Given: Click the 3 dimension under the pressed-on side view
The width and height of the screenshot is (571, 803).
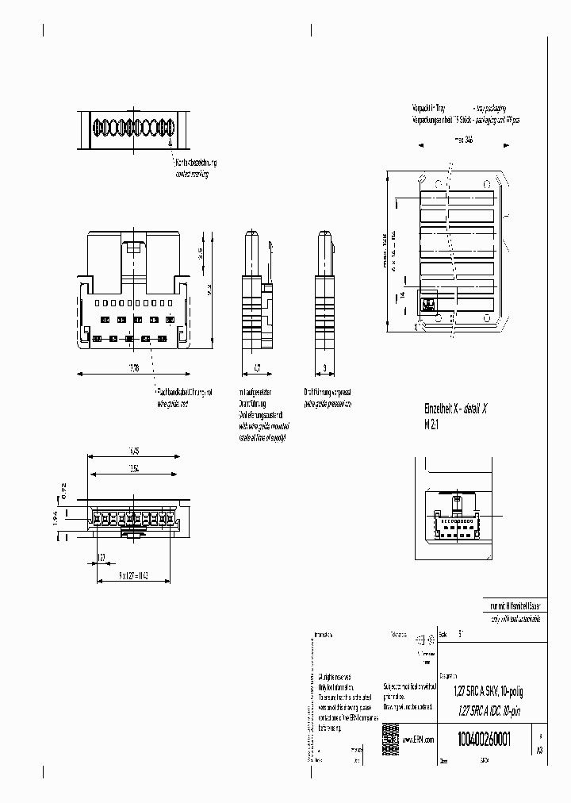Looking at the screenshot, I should coord(325,367).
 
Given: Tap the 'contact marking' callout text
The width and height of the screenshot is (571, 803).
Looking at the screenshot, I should coord(193,174).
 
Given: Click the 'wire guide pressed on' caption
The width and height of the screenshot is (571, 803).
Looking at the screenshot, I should coord(327,404).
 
